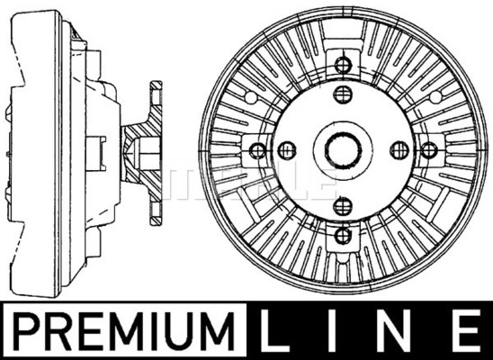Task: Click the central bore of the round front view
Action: (x=343, y=150)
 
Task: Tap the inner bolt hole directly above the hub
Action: (x=343, y=94)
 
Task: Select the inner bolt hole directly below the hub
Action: (x=343, y=206)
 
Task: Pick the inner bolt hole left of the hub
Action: (x=287, y=150)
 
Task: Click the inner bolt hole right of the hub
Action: (x=399, y=150)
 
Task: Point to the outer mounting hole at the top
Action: (x=343, y=65)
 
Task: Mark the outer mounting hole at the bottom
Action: (x=343, y=236)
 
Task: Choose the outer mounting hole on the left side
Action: (x=258, y=150)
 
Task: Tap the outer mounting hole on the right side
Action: (x=429, y=150)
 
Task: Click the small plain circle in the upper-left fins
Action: (x=251, y=97)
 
